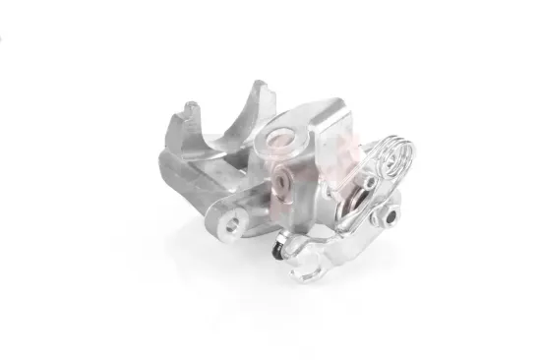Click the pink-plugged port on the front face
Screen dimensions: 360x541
285,180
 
